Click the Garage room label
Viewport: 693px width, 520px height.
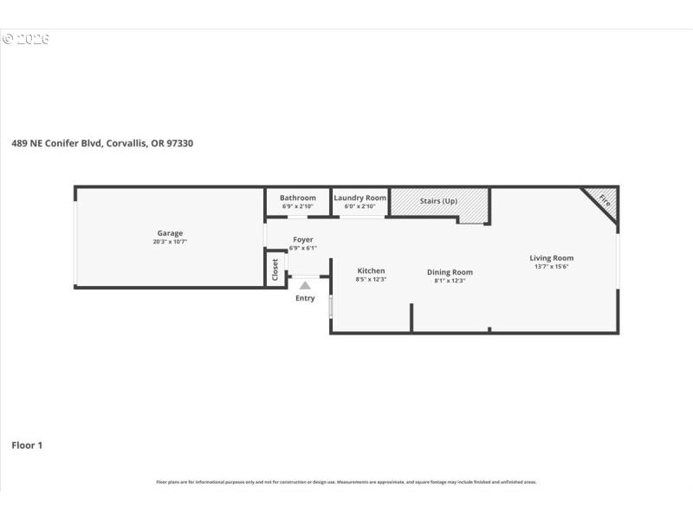tap(170, 232)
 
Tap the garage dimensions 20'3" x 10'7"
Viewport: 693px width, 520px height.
tap(170, 242)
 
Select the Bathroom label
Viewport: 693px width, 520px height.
tap(297, 198)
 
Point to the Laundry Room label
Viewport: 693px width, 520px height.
tap(359, 198)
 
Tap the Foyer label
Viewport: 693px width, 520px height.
tap(303, 239)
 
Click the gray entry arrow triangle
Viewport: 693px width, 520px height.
tap(305, 283)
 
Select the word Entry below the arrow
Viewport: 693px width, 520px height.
tap(305, 298)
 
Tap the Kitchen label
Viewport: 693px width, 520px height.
tap(371, 270)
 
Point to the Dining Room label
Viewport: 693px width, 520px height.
tap(450, 272)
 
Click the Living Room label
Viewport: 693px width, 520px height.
tap(552, 257)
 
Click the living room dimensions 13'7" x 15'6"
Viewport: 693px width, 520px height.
tap(552, 267)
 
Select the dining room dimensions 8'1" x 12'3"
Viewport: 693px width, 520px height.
tap(450, 281)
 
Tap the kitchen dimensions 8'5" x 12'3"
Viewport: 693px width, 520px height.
tap(371, 280)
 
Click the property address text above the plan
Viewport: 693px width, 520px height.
tap(102, 144)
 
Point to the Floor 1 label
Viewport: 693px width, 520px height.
tap(27, 445)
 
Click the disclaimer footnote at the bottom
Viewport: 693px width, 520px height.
tap(346, 482)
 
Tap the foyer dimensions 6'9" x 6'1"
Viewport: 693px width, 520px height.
tap(303, 249)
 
